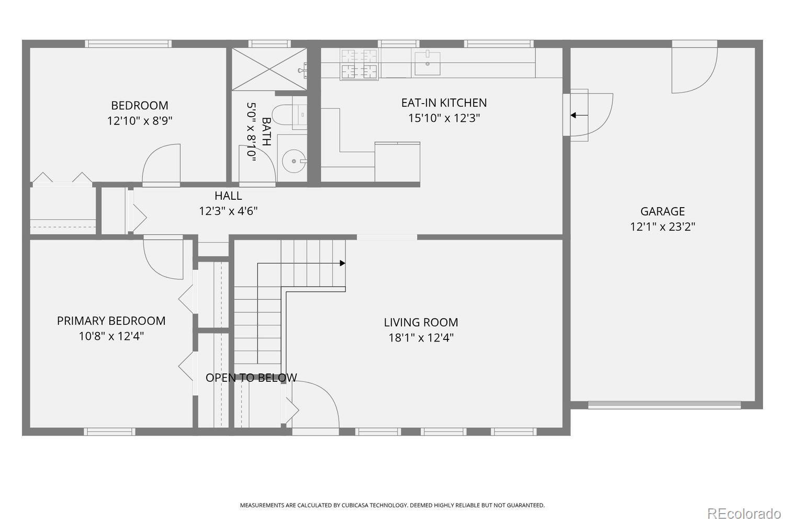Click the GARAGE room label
pyautogui.click(x=663, y=211)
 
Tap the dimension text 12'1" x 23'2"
pyautogui.click(x=663, y=226)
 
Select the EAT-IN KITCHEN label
pyautogui.click(x=444, y=103)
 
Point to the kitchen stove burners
pyautogui.click(x=359, y=64)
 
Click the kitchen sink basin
pyautogui.click(x=428, y=63)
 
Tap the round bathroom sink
pyautogui.click(x=294, y=161)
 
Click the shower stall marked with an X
pyautogui.click(x=269, y=69)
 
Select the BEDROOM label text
pyautogui.click(x=140, y=106)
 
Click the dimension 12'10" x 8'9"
pyautogui.click(x=140, y=121)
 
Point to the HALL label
pyautogui.click(x=228, y=196)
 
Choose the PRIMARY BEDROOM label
pyautogui.click(x=111, y=321)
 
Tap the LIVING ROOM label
pyautogui.click(x=421, y=322)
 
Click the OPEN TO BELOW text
pyautogui.click(x=251, y=378)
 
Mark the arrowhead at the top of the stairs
pyautogui.click(x=342, y=263)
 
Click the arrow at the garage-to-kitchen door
pyautogui.click(x=579, y=115)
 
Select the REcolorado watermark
pyautogui.click(x=744, y=514)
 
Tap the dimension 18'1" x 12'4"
pyautogui.click(x=421, y=338)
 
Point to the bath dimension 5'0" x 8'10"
pyautogui.click(x=251, y=132)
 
